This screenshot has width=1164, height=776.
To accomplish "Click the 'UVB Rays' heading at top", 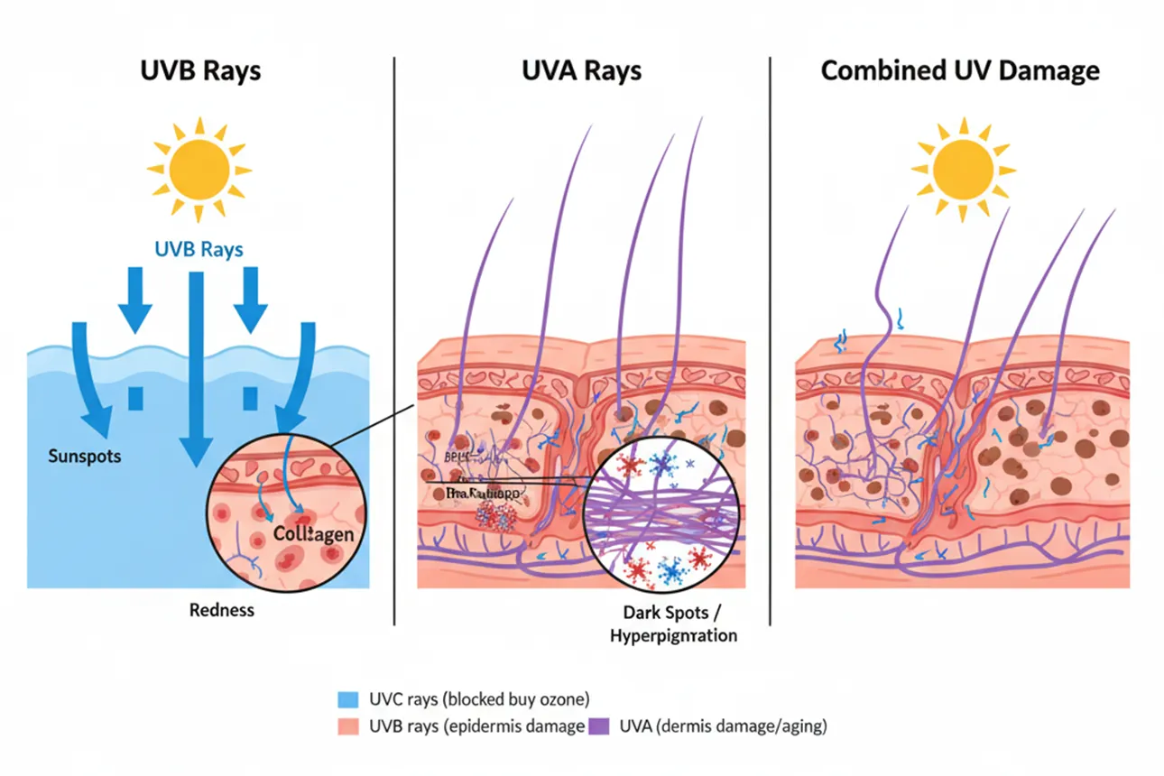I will [x=200, y=71].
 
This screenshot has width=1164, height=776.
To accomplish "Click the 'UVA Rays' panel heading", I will [x=581, y=71].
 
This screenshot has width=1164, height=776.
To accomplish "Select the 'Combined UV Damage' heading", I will [x=960, y=71].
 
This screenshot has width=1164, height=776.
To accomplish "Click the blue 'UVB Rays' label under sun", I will [x=198, y=248].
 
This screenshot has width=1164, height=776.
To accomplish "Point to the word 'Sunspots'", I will [x=84, y=456].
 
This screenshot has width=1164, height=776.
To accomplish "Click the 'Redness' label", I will [x=222, y=610].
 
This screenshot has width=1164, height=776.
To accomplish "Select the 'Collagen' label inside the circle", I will [x=312, y=535].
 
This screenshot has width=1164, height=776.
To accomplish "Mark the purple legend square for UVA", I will [x=597, y=725].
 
